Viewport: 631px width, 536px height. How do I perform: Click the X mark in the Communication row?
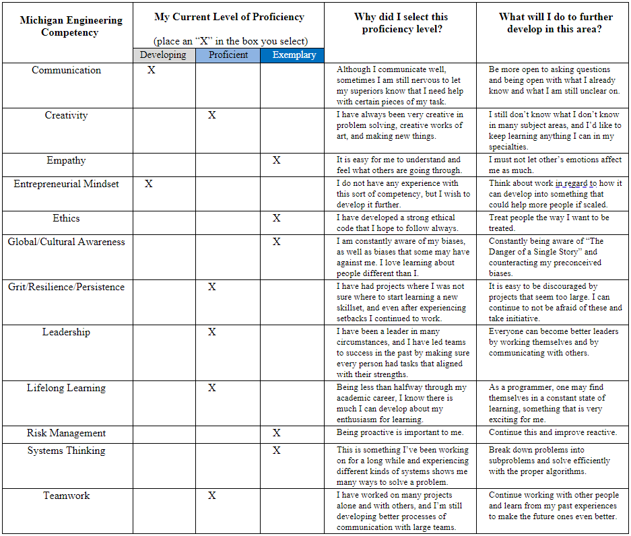coord(151,70)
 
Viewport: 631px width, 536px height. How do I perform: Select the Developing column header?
coord(164,55)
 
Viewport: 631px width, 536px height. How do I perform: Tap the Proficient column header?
coord(228,55)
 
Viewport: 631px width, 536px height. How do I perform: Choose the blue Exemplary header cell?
coord(292,55)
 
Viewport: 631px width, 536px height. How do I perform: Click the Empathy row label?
coord(66,160)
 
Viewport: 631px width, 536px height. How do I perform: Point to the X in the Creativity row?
coord(212,115)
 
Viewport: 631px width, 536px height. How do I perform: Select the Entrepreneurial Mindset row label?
coord(66,184)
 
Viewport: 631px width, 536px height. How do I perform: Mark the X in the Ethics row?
coord(277,218)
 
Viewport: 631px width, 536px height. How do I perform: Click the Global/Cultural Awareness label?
coord(66,242)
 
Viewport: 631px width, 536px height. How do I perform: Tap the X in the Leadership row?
coord(212,332)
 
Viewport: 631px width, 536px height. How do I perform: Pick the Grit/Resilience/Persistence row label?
coord(66,287)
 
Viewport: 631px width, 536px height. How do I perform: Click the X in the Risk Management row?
coord(277,433)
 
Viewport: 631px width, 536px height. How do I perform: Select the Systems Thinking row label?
coord(66,450)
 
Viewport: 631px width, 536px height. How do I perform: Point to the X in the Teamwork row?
coord(212,496)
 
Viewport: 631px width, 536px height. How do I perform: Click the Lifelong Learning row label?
coord(66,388)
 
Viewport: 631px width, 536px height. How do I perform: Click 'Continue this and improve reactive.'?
coord(553,432)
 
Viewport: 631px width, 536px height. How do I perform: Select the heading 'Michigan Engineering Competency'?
coord(71,26)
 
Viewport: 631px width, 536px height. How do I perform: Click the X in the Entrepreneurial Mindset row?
coord(149,184)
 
